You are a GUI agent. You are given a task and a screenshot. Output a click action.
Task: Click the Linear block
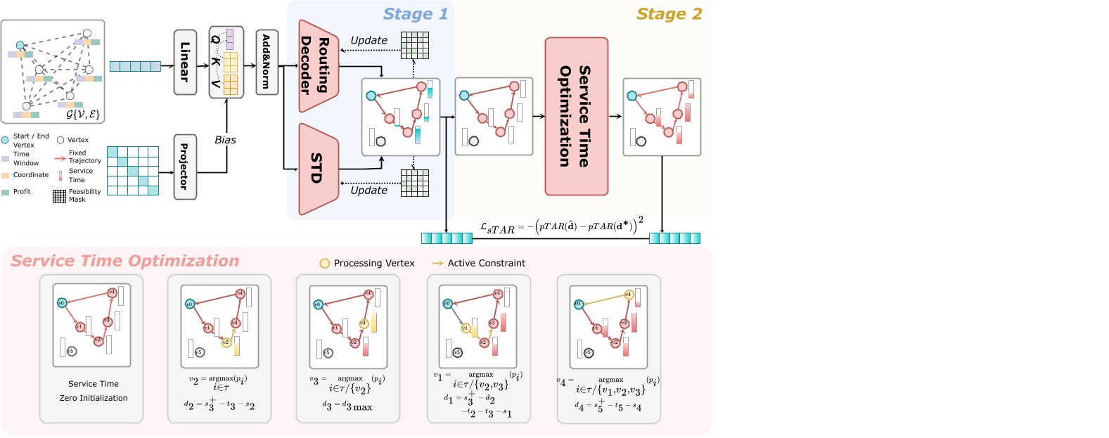pyautogui.click(x=185, y=62)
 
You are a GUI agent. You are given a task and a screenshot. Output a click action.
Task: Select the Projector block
pyautogui.click(x=185, y=167)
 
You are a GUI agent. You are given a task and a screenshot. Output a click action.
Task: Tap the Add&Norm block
pyautogui.click(x=267, y=62)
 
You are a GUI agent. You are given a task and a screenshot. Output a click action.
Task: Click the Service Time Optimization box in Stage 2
pyautogui.click(x=576, y=116)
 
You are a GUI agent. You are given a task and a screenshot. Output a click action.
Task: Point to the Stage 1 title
pyautogui.click(x=415, y=14)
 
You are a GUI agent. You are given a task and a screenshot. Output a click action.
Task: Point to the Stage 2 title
pyautogui.click(x=669, y=14)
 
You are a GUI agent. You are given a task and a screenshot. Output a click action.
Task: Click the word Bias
pyautogui.click(x=225, y=140)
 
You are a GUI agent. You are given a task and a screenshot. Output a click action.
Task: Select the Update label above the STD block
pyautogui.click(x=368, y=191)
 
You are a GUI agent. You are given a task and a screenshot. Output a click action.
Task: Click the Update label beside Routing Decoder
pyautogui.click(x=368, y=40)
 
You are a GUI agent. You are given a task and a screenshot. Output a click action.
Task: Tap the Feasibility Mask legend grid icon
pyautogui.click(x=59, y=196)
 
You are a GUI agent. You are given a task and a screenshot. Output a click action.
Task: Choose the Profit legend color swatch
pyautogui.click(x=6, y=192)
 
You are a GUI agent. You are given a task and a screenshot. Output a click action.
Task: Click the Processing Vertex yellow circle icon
pyautogui.click(x=324, y=264)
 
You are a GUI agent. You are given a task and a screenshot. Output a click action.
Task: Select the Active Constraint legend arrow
pyautogui.click(x=437, y=264)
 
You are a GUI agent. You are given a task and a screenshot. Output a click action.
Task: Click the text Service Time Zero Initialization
pyautogui.click(x=94, y=391)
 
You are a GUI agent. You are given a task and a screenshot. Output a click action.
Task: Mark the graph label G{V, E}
pyautogui.click(x=83, y=114)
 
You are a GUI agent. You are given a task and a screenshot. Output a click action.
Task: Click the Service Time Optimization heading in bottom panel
pyautogui.click(x=125, y=261)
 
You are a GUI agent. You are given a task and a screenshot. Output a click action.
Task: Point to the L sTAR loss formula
pyautogui.click(x=560, y=226)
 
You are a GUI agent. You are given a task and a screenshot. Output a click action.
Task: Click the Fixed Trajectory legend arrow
pyautogui.click(x=60, y=158)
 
